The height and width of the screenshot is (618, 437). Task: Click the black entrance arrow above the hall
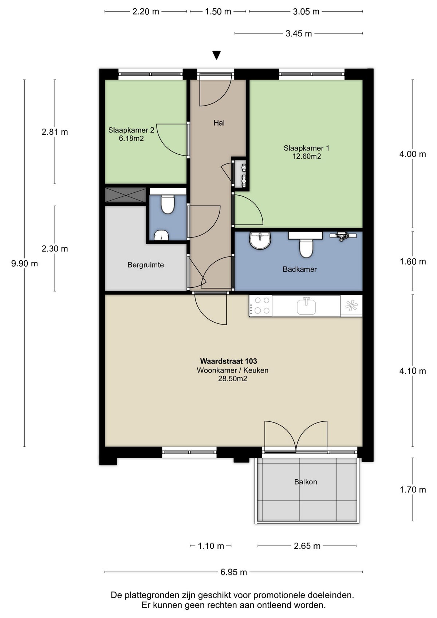(x=217, y=55)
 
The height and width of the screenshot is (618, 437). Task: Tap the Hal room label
(x=219, y=123)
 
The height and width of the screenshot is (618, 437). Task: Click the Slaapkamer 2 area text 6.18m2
(x=131, y=139)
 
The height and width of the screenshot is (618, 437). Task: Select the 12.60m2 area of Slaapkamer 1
(x=306, y=157)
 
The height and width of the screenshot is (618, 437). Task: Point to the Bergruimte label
(x=146, y=265)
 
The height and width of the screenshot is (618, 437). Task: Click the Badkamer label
(x=299, y=269)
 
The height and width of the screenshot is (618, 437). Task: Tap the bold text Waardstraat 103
(x=228, y=361)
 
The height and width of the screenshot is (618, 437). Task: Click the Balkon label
(x=306, y=482)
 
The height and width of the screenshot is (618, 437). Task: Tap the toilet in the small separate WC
(x=168, y=205)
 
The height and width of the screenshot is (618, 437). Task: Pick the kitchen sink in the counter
(x=306, y=306)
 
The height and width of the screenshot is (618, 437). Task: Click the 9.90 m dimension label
(x=24, y=264)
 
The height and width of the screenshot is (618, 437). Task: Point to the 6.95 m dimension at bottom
(x=233, y=572)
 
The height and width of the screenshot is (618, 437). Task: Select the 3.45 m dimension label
(x=299, y=34)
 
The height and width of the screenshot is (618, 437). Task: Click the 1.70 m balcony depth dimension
(x=413, y=490)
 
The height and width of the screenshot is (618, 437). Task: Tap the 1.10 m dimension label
(x=211, y=546)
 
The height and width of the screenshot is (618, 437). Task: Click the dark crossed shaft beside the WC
(x=125, y=195)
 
